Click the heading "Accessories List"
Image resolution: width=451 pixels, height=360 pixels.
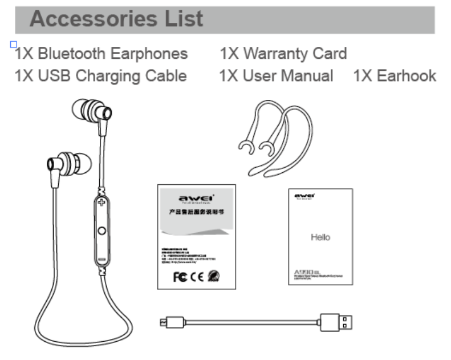tap(116, 19)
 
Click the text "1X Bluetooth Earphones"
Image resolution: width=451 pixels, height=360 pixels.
tap(101, 54)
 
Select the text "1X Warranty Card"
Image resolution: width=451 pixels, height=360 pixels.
tap(283, 54)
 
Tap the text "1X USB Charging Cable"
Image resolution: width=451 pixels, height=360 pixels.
tap(101, 76)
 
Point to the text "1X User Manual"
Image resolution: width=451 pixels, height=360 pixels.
tap(277, 76)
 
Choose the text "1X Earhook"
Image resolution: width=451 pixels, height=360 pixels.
tap(395, 76)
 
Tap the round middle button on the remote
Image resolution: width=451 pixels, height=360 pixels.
tap(102, 231)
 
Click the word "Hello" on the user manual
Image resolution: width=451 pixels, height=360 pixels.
tap(320, 237)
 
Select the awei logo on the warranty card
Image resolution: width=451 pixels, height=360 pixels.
tap(196, 197)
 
